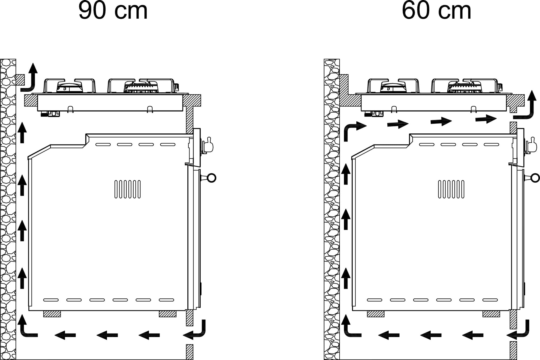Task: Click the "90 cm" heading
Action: click(x=113, y=11)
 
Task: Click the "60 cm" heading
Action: click(x=436, y=11)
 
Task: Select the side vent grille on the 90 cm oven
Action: click(x=127, y=189)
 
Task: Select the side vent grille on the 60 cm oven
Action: click(x=451, y=189)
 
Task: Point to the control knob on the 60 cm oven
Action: click(x=531, y=146)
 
